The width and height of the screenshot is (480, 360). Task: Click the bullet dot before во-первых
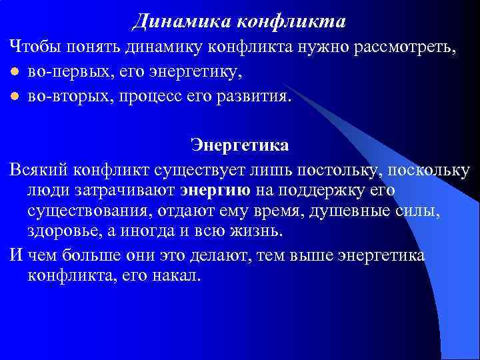[x=14, y=72]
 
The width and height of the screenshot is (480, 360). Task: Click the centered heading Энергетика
[x=240, y=145]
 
